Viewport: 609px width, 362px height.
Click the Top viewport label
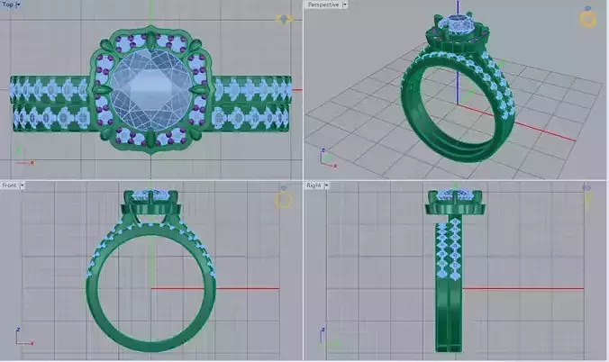(x=8, y=5)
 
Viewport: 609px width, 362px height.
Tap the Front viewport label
(x=10, y=186)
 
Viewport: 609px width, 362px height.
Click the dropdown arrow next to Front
(x=23, y=186)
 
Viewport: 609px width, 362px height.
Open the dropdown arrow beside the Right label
(x=327, y=186)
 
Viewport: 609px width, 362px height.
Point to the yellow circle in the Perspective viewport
(x=587, y=19)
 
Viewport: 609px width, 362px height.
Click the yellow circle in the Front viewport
(x=284, y=199)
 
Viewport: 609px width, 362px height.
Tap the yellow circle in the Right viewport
(x=587, y=199)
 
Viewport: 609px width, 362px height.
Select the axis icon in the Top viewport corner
(x=22, y=158)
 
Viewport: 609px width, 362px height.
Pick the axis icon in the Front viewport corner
(x=22, y=339)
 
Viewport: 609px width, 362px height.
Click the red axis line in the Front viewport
(x=243, y=289)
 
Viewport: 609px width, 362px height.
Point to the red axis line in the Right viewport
(x=532, y=289)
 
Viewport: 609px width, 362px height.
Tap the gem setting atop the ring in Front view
(x=150, y=199)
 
